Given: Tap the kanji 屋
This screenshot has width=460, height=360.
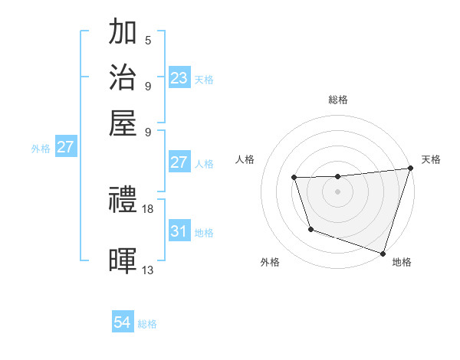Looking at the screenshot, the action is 123,122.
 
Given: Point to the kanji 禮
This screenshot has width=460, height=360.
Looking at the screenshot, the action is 123,201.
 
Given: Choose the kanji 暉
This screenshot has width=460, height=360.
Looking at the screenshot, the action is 123,260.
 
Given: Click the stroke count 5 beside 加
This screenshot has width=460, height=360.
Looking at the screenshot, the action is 147,40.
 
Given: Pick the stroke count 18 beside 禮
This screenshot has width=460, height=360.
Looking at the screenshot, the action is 148,208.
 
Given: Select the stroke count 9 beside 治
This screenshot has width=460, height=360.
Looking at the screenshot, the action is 147,85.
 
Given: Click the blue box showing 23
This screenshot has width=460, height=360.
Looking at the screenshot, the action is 179,77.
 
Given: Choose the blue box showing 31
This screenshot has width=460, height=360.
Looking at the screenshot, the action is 179,231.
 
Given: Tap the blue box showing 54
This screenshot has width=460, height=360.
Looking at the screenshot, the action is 122,322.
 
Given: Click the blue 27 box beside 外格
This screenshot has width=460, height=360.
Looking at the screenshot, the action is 65,147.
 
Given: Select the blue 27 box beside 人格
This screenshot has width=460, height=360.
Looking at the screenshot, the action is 179,162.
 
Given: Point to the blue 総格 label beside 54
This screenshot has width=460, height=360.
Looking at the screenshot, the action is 147,324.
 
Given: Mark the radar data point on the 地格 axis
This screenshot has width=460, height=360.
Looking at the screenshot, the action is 383,253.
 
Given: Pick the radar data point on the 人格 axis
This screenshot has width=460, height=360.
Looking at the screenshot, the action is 294,178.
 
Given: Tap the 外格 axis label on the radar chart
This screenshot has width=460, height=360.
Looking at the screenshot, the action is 270,262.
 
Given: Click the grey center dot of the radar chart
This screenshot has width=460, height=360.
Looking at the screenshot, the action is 337,191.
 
